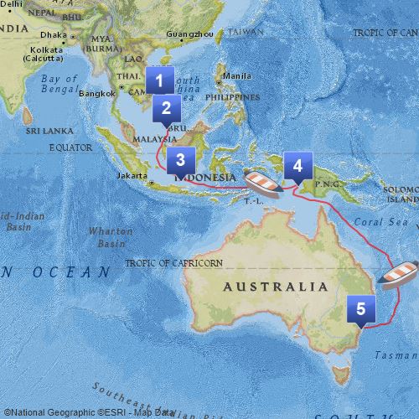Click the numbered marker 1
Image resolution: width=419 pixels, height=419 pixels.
pos(159,80)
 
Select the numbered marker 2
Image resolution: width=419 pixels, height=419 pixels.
pos(166,108)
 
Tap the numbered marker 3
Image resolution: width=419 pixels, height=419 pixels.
pos(180,158)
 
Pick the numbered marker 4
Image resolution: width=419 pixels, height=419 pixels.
pos(297,165)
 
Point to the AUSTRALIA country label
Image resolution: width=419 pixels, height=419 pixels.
pos(276,287)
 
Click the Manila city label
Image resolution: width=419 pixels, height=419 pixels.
pos(237,75)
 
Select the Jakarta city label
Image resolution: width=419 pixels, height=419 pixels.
pos(132,176)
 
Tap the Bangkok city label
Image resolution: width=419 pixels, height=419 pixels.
pos(96,94)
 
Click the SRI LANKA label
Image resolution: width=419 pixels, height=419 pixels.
pos(44,132)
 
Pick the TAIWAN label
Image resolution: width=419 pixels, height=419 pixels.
pos(246,32)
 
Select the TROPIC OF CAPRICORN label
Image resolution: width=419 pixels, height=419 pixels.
pos(174,263)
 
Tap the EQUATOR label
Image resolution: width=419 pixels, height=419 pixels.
pos(70,147)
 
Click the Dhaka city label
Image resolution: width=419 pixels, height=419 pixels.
pos(51,35)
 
